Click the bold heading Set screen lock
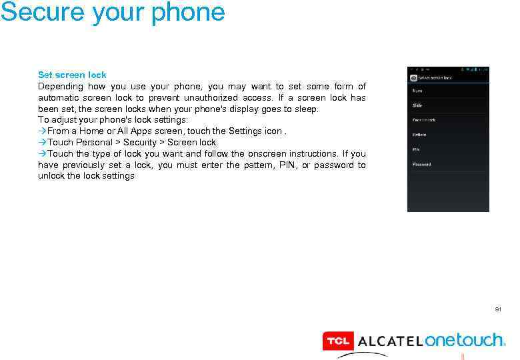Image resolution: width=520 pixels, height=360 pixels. click(72, 75)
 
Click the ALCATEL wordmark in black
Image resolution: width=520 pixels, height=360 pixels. click(390, 342)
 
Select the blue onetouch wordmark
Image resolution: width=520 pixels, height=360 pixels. click(465, 341)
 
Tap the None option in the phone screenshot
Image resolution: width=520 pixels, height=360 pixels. click(417, 91)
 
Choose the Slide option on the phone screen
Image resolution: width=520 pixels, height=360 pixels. click(417, 105)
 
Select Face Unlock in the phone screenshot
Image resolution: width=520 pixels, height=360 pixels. click(423, 120)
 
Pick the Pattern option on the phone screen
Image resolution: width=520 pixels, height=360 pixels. click(419, 135)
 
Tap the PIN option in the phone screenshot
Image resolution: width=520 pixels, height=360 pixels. click(416, 149)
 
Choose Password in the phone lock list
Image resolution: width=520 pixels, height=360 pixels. click(421, 164)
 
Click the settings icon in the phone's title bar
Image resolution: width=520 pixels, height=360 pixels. click(413, 77)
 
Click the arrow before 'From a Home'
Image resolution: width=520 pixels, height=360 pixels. click(42, 131)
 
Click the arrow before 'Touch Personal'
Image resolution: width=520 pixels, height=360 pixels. click(42, 143)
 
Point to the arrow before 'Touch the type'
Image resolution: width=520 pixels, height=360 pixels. click(42, 154)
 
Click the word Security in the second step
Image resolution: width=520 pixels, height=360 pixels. click(140, 143)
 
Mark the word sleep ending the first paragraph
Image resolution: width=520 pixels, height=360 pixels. click(307, 109)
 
